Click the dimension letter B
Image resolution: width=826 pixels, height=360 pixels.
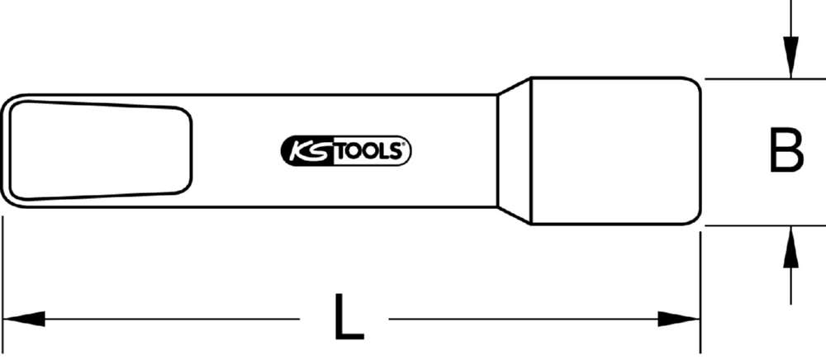pos(786,151)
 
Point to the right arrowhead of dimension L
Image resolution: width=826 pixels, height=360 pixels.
pos(680,318)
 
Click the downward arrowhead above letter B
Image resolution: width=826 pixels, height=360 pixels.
pos(791,63)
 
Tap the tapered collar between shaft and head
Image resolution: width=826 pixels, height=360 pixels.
pos(513,151)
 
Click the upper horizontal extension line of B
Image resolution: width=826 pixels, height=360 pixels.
pos(760,79)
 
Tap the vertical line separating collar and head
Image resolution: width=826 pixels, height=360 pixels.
pos(529,151)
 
